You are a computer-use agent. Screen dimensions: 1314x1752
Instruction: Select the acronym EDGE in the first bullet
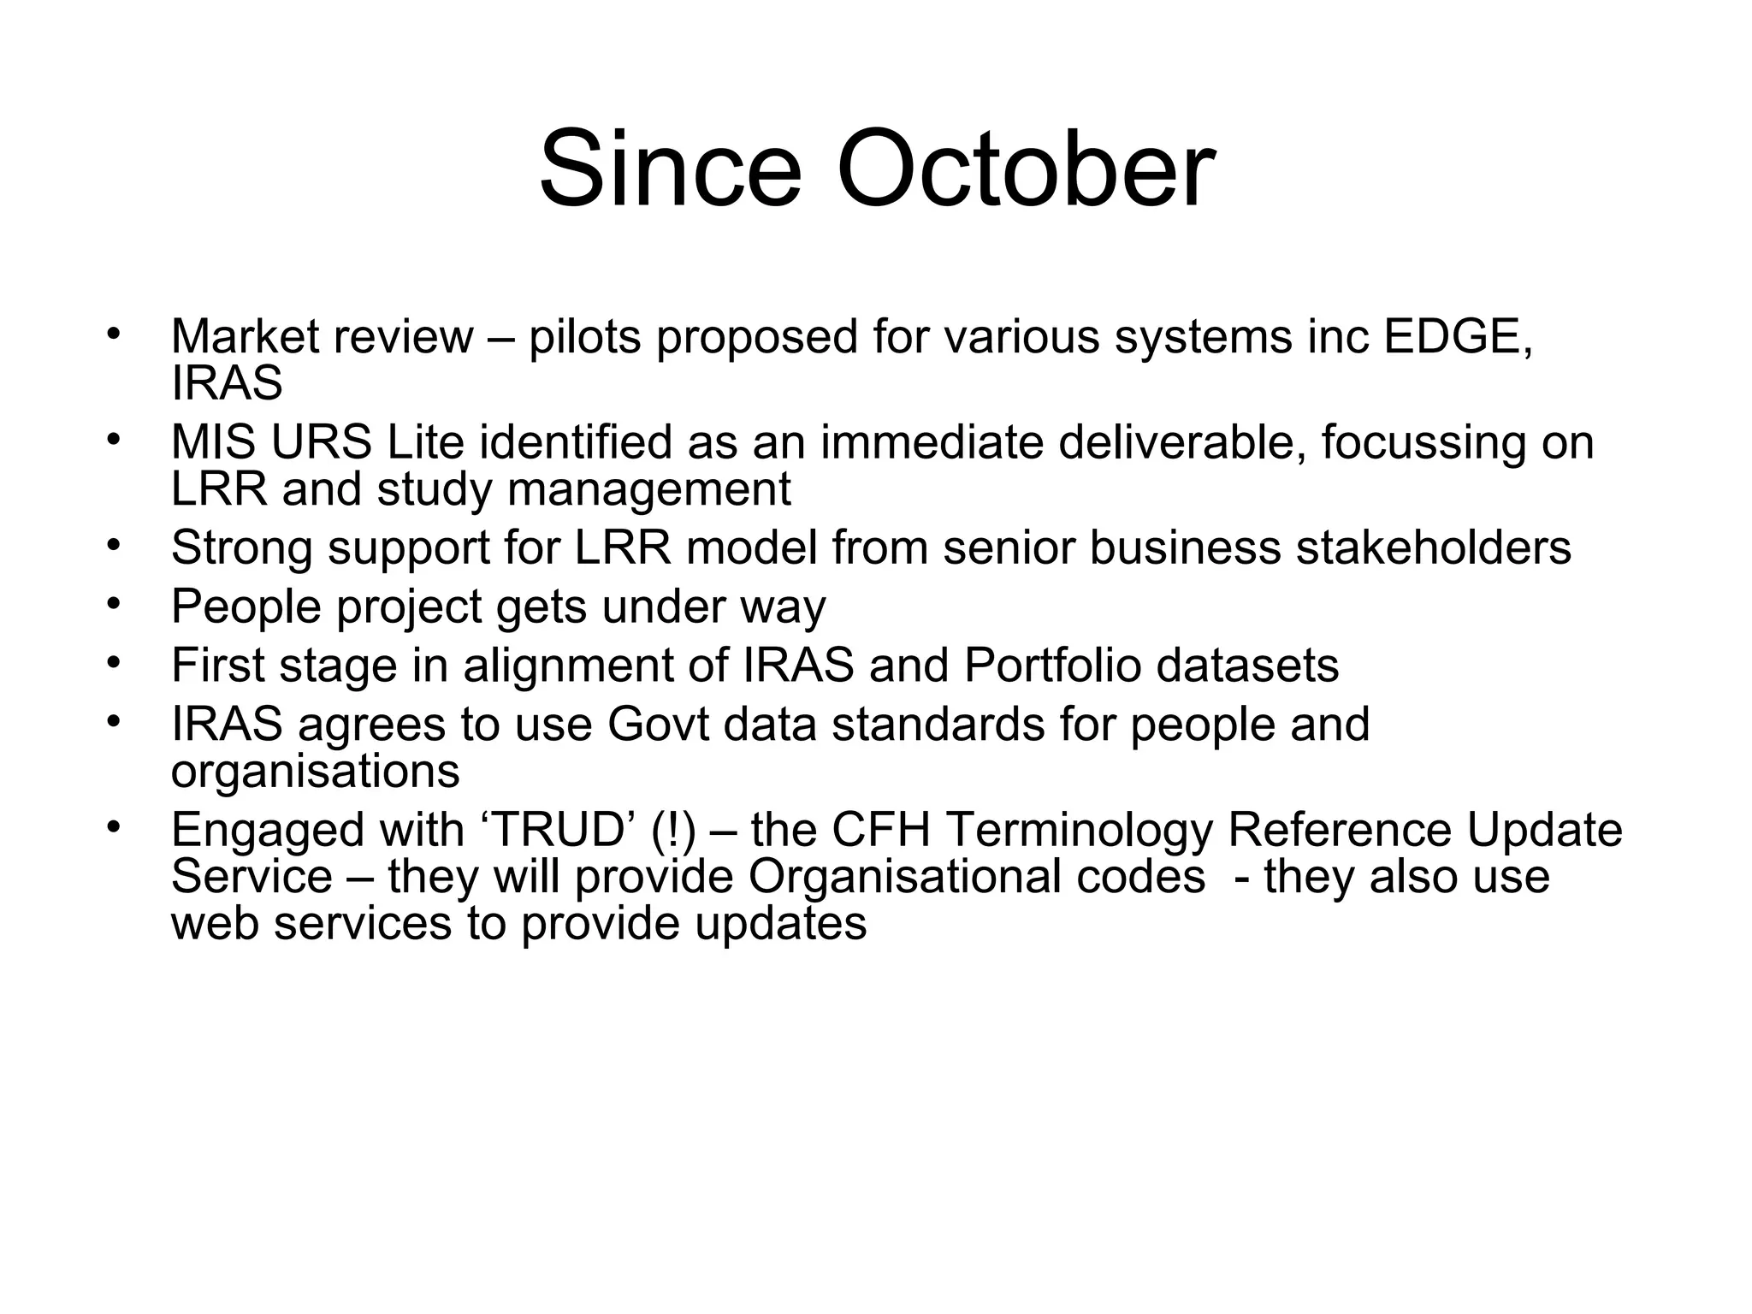[x=1458, y=336]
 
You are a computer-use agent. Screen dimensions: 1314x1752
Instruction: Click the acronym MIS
[x=213, y=442]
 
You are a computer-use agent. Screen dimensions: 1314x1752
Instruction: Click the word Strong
[x=241, y=547]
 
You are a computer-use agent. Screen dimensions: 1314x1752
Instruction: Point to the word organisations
[x=315, y=772]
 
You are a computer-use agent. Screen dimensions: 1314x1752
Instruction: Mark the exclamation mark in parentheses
[x=673, y=830]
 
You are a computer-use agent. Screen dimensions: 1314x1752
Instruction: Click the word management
[x=648, y=490]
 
